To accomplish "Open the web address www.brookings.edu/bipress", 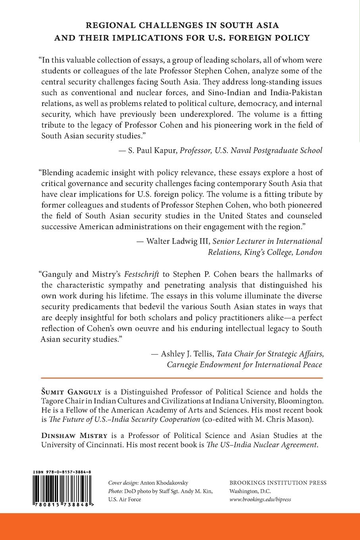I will point(260,499).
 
